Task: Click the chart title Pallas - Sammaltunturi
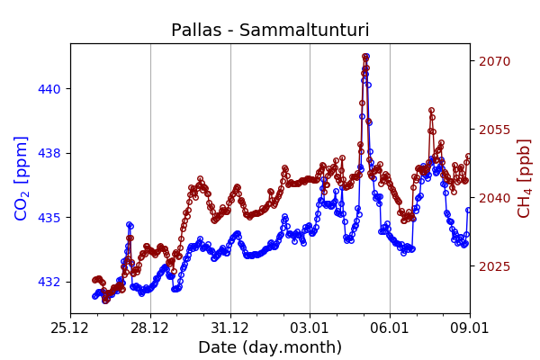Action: coord(270,31)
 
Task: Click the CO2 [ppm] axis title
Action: coord(22,178)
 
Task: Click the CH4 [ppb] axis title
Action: coord(524,178)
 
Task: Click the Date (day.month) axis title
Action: coord(270,347)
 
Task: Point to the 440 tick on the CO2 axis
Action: coord(49,89)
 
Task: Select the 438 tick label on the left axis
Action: coord(49,153)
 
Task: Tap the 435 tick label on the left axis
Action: coord(49,218)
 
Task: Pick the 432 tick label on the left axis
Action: coord(49,282)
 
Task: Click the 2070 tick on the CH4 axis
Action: coord(494,61)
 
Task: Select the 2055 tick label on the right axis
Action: coord(494,130)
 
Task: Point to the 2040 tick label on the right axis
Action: coord(494,198)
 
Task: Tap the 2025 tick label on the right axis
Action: coord(494,266)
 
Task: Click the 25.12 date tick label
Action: coord(70,327)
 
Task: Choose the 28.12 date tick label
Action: coord(150,327)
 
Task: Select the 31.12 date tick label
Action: coord(230,327)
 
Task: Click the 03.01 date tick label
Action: coord(310,327)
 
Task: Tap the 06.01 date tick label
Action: coord(390,327)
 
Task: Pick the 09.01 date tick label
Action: coord(469,327)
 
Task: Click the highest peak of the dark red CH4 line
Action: coord(365,57)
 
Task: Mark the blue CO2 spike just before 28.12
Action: coord(130,225)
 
